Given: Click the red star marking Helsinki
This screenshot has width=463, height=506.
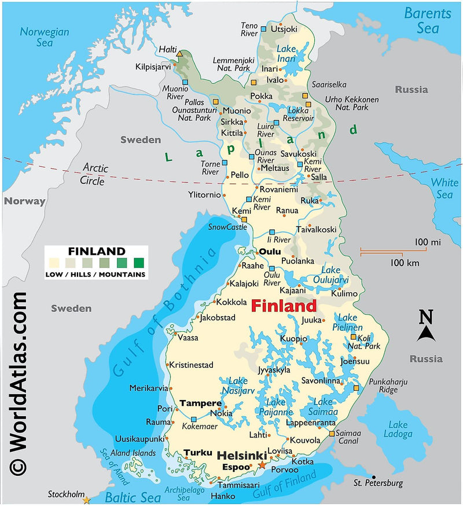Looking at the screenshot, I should click(x=262, y=465).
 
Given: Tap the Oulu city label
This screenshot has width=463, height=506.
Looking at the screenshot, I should click(x=269, y=252).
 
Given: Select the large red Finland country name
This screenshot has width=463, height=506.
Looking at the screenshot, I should click(x=284, y=306).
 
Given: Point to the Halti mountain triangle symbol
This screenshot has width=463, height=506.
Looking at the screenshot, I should click(x=180, y=54).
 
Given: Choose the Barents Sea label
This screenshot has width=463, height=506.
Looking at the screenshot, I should click(x=427, y=20).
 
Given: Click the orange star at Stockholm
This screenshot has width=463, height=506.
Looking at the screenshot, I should click(x=87, y=499).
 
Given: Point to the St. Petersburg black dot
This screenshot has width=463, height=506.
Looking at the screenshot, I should click(x=374, y=476).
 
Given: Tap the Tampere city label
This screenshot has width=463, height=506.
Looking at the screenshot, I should click(x=200, y=403).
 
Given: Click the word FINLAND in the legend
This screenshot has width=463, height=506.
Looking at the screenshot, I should click(x=96, y=251).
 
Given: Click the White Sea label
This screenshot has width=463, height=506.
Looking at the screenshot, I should click(x=444, y=188).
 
